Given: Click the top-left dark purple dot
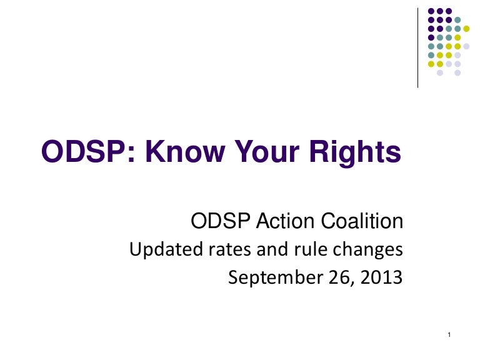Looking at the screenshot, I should coord(431,11).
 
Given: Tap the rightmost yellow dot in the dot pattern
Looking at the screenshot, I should coord(466,28).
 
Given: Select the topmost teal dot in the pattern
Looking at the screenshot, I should coord(457,19).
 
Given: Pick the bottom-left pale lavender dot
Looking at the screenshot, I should coord(440,72).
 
